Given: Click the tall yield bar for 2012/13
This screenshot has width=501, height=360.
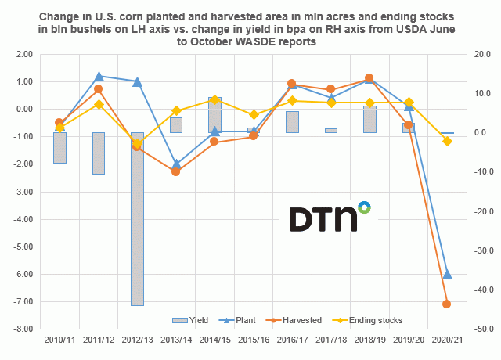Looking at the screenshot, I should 137,219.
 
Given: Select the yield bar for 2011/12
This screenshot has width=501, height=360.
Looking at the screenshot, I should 99,153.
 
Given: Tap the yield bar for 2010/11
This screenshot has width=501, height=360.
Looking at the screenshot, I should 59,148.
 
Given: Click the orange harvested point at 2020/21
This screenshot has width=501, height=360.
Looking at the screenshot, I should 447,304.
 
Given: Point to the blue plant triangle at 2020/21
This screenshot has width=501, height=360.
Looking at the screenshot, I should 447,275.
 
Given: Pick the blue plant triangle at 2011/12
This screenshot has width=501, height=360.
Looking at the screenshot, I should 99,77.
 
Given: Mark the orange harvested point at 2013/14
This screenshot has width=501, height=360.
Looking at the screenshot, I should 176,171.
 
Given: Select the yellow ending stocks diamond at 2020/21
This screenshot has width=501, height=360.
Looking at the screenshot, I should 447,141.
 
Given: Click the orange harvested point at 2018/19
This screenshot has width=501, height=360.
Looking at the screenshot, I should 369,78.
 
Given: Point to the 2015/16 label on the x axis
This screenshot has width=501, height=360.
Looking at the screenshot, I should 254,342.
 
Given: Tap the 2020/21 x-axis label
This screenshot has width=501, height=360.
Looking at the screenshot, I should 447,342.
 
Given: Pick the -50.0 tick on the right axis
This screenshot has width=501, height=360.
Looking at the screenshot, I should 481,329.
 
